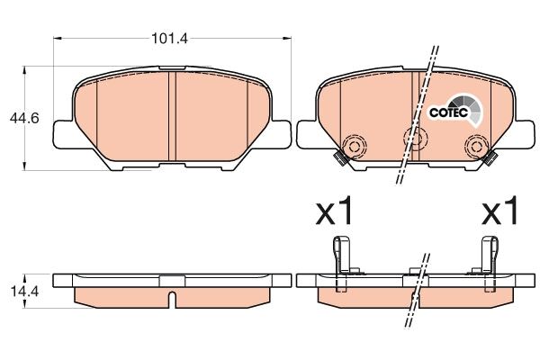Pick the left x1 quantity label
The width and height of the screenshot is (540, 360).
pos(334,214)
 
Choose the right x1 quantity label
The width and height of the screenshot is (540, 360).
pos(501,214)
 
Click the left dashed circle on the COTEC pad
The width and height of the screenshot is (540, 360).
pos(353,147)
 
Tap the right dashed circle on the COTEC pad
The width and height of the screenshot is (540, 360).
pos(474,146)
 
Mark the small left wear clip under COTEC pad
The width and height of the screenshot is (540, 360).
pos(339,159)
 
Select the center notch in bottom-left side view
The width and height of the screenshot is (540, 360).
pos(171,296)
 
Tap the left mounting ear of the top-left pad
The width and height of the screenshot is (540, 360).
pos(63,134)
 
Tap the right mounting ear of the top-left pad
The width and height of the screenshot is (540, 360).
pos(280,134)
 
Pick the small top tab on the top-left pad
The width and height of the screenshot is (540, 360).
pos(171,69)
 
